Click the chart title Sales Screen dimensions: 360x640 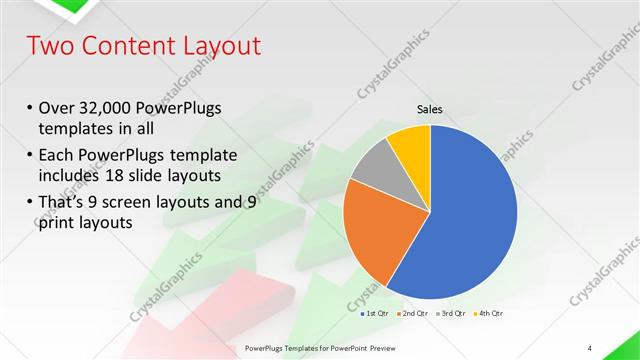click(430, 110)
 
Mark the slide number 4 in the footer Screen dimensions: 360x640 click(590, 348)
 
